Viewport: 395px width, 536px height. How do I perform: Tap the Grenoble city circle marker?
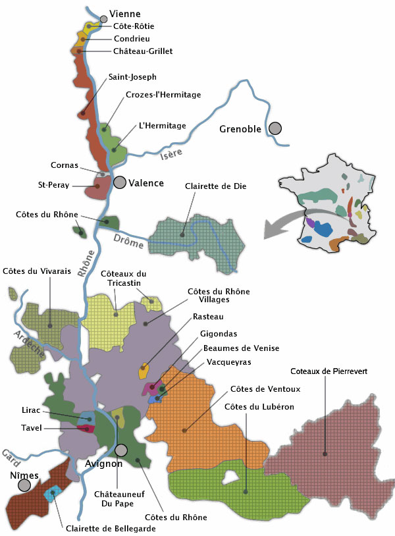coord(275,129)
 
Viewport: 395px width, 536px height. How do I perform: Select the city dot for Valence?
coord(120,182)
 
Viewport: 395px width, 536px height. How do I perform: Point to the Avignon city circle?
coord(121,450)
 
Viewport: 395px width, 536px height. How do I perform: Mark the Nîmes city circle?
coord(24,486)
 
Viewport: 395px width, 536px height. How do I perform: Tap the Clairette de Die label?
coord(216,186)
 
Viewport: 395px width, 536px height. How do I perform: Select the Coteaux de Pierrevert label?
coord(334,371)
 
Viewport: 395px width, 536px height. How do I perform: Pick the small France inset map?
coord(327,211)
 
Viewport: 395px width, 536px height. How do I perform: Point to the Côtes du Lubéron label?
coord(259,407)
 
